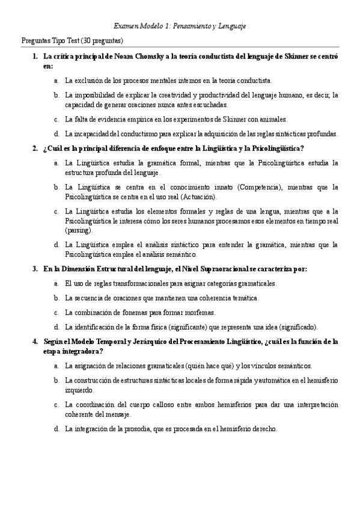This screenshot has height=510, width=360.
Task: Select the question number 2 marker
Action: (x=35, y=149)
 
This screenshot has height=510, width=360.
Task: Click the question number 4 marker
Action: (x=35, y=342)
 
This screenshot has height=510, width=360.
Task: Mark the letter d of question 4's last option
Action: (x=56, y=429)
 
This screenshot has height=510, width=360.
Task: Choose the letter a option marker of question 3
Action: (x=56, y=283)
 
